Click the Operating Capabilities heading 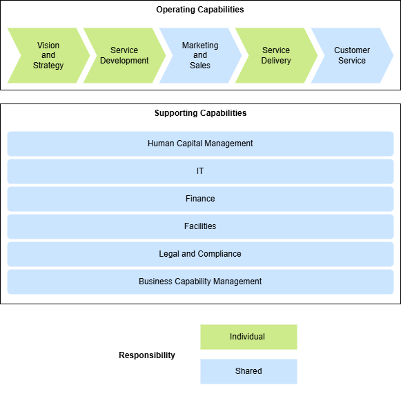coord(200,10)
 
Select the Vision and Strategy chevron coord(47,55)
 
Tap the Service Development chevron coord(124,55)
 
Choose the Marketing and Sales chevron coord(200,55)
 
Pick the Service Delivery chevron coord(276,55)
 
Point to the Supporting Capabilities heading coord(200,113)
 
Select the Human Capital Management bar coord(200,144)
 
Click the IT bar coord(200,171)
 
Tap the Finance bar coord(200,199)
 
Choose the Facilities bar coord(200,226)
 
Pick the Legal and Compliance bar coord(200,254)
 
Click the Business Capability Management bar coord(200,282)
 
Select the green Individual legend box coord(248,337)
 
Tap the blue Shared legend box coord(248,371)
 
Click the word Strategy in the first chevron coord(48,66)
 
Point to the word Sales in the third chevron coord(200,66)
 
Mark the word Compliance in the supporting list coord(219,254)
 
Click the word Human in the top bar coord(161,144)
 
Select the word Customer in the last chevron coord(352,50)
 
